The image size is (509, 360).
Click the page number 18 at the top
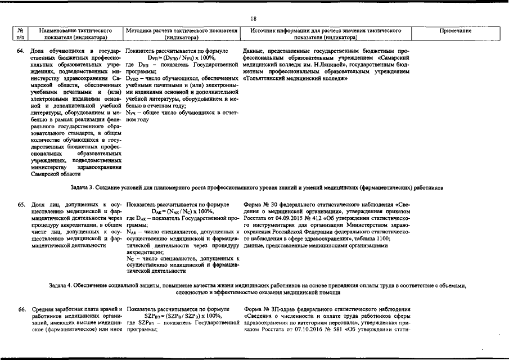point(254,18)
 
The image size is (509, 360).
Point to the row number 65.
point(21,205)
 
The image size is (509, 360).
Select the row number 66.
point(21,309)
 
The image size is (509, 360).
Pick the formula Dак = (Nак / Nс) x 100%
point(181,211)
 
